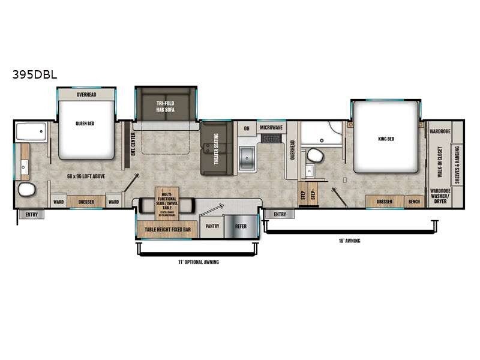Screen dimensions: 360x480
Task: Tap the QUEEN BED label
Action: pyautogui.click(x=86, y=125)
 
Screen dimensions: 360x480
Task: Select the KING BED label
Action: pyautogui.click(x=386, y=139)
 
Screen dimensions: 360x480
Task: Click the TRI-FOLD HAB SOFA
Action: pyautogui.click(x=166, y=106)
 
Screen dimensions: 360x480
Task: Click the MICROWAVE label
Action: pyautogui.click(x=272, y=128)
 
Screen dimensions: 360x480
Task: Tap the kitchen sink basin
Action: pyautogui.click(x=247, y=157)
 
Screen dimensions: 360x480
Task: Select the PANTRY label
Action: pyautogui.click(x=212, y=226)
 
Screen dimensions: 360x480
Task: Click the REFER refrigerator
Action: pyautogui.click(x=241, y=226)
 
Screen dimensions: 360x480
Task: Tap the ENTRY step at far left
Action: pyautogui.click(x=31, y=214)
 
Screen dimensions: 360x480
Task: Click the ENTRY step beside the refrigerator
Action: pyautogui.click(x=280, y=214)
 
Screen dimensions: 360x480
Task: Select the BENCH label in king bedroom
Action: pyautogui.click(x=414, y=202)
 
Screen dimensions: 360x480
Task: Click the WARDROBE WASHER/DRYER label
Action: pyautogui.click(x=440, y=197)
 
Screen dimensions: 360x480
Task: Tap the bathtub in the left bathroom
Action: pyautogui.click(x=31, y=132)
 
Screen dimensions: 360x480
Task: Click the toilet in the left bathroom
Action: pyautogui.click(x=27, y=191)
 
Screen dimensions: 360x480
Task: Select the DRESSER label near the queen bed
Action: pyautogui.click(x=86, y=202)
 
